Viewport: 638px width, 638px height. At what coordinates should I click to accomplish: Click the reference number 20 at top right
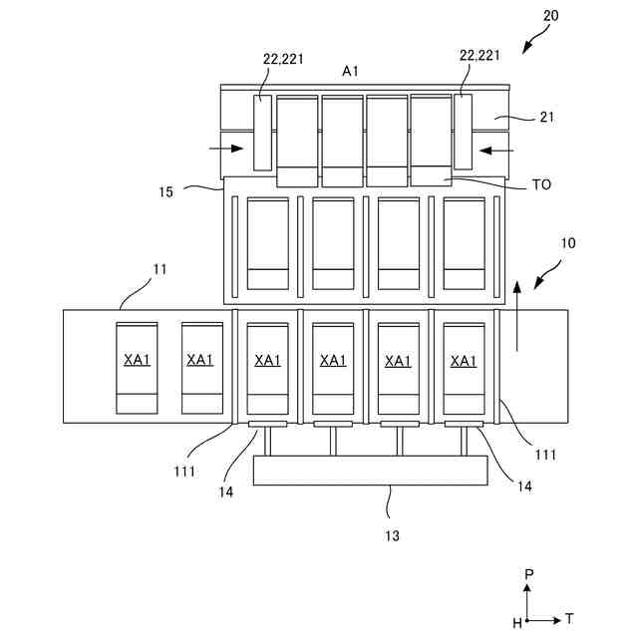(x=551, y=17)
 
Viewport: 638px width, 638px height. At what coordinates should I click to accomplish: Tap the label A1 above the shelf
(x=351, y=71)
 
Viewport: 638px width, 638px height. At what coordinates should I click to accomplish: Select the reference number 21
(x=546, y=118)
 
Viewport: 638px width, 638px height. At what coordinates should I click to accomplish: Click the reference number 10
(x=567, y=242)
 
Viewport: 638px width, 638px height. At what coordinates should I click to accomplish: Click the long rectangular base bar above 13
(x=370, y=471)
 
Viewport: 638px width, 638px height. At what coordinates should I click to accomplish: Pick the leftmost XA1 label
(x=137, y=360)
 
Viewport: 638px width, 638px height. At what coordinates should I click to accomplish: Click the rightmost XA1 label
(x=464, y=360)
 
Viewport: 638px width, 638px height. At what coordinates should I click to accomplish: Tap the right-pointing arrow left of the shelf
(x=226, y=150)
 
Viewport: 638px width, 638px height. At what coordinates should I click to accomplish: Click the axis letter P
(x=530, y=575)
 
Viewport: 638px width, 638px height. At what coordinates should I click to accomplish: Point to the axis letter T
(x=569, y=618)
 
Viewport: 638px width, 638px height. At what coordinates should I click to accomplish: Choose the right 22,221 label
(x=479, y=57)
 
